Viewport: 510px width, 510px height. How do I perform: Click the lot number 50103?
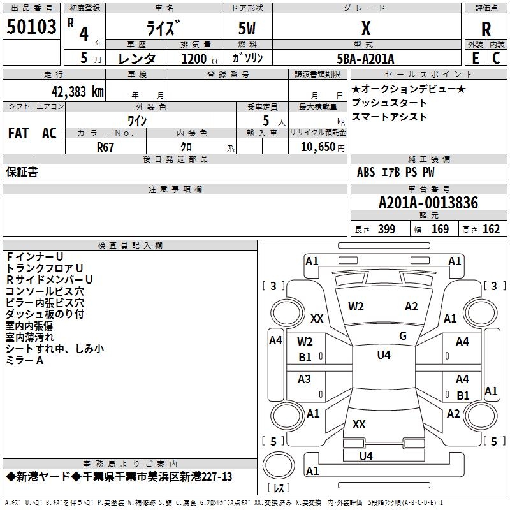[32, 29]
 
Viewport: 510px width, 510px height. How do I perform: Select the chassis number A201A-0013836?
[428, 203]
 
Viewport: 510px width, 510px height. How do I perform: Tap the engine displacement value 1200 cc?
[194, 59]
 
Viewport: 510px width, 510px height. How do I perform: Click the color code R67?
[106, 146]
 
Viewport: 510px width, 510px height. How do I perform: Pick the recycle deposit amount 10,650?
[317, 146]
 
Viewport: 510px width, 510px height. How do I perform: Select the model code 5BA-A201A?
[365, 59]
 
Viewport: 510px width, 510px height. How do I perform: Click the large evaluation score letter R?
[486, 29]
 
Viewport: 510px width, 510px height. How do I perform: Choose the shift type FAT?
[18, 133]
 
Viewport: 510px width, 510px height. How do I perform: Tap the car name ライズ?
[164, 29]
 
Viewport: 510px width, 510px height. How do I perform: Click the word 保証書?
[22, 172]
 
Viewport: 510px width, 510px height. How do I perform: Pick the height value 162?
[491, 229]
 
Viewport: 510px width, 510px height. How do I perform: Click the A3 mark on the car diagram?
[305, 379]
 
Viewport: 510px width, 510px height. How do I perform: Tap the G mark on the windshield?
[403, 336]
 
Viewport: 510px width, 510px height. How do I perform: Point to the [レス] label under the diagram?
[279, 489]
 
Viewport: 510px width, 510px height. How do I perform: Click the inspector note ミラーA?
[24, 360]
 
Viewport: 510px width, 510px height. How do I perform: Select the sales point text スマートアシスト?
[389, 117]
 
